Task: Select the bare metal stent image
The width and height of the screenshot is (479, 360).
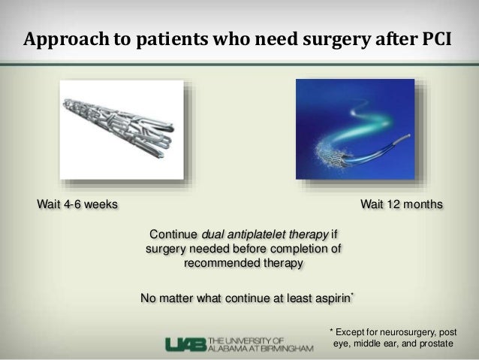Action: (121, 129)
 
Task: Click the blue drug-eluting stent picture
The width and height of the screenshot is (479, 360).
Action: (354, 129)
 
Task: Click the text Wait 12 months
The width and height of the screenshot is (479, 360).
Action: (402, 204)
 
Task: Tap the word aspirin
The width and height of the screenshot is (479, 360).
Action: (328, 298)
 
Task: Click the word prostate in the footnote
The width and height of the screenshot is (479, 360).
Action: (433, 343)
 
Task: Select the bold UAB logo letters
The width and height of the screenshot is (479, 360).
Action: (185, 343)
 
